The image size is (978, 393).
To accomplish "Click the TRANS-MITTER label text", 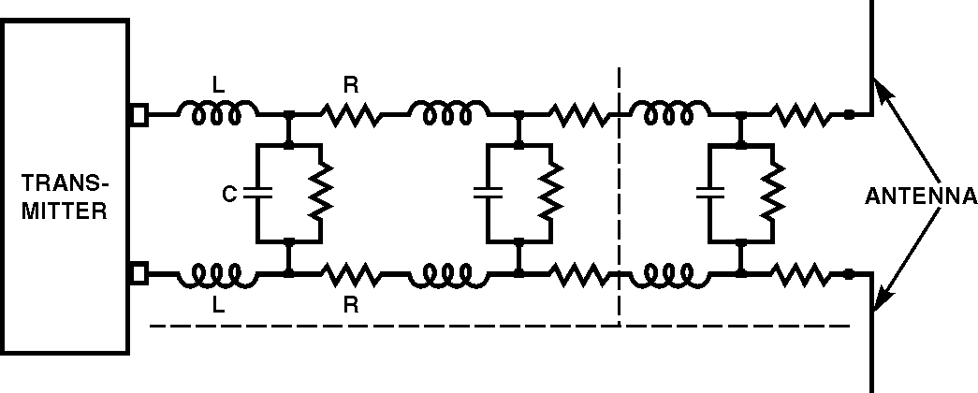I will (65, 196).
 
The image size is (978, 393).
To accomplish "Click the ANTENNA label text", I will (921, 196).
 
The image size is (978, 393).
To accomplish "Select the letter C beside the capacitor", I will (228, 195).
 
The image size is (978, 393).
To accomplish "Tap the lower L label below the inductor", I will (218, 305).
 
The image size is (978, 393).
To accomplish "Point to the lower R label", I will (350, 305).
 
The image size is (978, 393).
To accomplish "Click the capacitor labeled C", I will (256, 194).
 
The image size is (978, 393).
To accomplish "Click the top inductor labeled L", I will (224, 114).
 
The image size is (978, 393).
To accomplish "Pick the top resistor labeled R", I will (350, 115).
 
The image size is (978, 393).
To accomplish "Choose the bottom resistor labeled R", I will (350, 274).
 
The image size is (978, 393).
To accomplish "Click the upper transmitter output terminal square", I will (138, 115).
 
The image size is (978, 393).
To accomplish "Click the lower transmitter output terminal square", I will (138, 274).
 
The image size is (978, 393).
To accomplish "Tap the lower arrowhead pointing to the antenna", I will (881, 300).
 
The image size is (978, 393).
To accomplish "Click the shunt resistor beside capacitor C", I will (320, 194).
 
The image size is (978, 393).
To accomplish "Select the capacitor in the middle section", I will (489, 194).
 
